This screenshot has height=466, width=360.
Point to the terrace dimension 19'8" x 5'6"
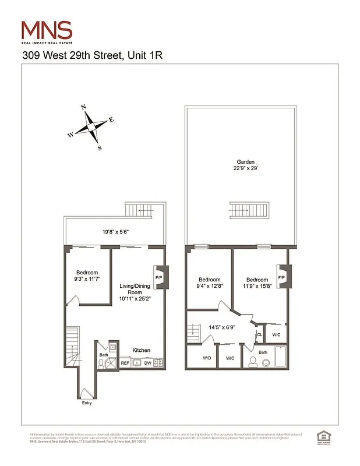[115, 232]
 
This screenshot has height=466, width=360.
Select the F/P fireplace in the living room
[160, 277]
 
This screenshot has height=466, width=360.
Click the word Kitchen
[141, 350]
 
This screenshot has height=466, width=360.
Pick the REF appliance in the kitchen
[125, 363]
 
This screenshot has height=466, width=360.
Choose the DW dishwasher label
[148, 363]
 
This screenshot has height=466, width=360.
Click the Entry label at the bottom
[87, 403]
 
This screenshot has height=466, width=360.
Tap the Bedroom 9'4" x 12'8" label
[208, 282]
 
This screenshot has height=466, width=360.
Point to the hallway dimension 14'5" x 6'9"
[221, 328]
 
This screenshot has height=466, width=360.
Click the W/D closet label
[207, 358]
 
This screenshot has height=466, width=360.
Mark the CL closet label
[259, 335]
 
